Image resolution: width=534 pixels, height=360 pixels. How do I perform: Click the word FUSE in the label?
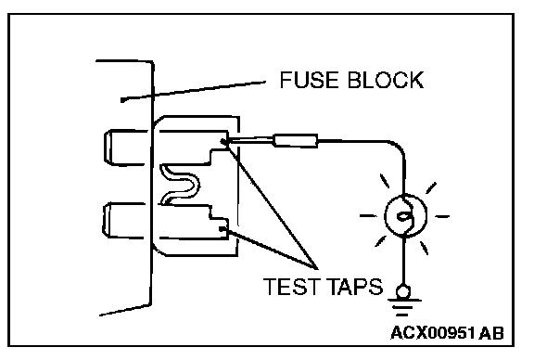(x=310, y=80)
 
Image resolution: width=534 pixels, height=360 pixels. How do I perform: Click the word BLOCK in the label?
(x=386, y=80)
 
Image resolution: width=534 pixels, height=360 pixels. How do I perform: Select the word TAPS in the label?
(x=355, y=287)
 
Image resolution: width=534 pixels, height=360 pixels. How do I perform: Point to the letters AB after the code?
(x=490, y=332)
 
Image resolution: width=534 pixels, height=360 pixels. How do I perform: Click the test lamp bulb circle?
(x=406, y=215)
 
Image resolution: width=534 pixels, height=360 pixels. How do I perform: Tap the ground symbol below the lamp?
(x=403, y=308)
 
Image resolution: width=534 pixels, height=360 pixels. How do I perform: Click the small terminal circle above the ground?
(x=403, y=292)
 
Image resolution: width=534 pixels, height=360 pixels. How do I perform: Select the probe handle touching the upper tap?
(x=295, y=140)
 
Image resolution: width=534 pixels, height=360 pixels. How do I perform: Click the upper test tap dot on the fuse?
(x=223, y=141)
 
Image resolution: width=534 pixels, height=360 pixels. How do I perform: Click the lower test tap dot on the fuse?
(x=222, y=229)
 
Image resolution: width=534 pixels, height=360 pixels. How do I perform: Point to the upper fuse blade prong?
(x=127, y=148)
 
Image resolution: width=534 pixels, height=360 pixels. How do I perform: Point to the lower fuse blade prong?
(x=124, y=220)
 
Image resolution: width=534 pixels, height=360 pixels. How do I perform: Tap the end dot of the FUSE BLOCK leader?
(x=123, y=100)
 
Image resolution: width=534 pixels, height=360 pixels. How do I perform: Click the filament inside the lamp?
(x=406, y=216)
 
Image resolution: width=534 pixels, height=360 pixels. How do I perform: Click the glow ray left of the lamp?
(x=368, y=215)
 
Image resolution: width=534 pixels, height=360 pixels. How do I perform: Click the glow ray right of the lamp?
(x=442, y=216)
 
